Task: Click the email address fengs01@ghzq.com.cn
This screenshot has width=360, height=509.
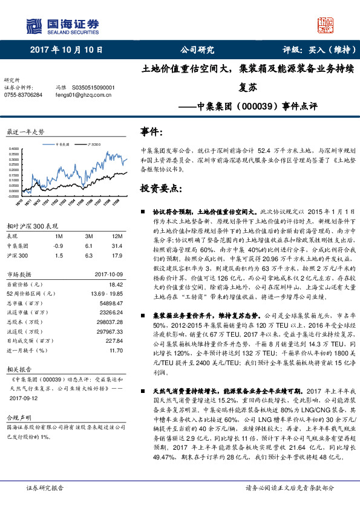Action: click(x=84, y=95)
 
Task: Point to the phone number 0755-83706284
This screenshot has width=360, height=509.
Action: click(x=23, y=95)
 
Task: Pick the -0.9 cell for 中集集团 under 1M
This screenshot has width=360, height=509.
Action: click(x=58, y=246)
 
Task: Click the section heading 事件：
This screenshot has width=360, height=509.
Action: click(x=151, y=132)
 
